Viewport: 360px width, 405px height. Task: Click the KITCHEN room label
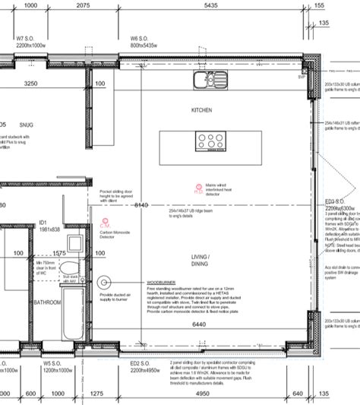[202, 110]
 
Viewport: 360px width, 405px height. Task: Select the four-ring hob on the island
[207, 140]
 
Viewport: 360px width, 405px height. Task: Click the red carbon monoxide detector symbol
[104, 223]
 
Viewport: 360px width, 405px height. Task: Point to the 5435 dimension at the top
[211, 5]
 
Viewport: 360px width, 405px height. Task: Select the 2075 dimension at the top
[84, 5]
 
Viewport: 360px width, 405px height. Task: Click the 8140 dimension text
[141, 205]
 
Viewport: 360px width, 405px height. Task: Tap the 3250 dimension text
[31, 84]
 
